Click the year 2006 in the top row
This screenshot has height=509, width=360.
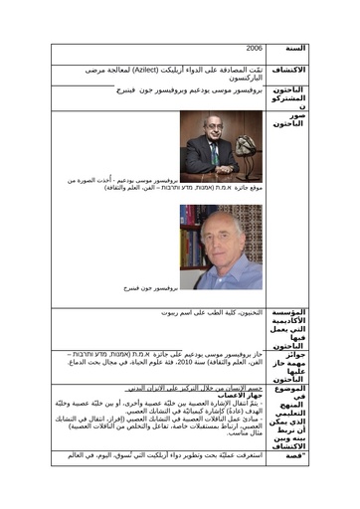[x=255, y=48]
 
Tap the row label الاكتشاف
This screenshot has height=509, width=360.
[x=287, y=71]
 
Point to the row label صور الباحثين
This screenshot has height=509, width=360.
[x=287, y=122]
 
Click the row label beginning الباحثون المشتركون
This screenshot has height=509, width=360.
[x=287, y=97]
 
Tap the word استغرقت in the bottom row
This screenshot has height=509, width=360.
[x=247, y=454]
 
